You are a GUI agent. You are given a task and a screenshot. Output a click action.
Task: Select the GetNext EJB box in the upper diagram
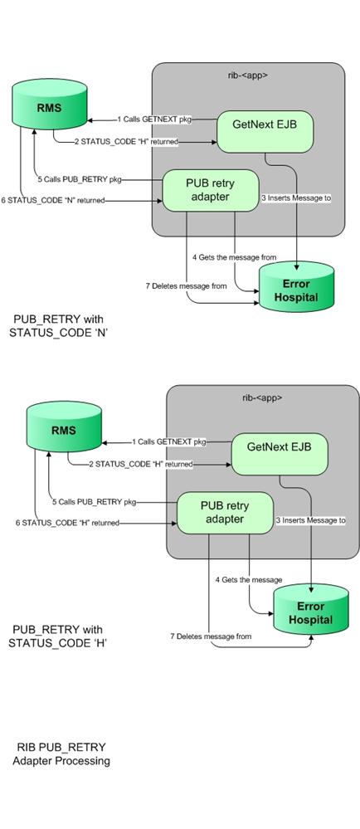258,126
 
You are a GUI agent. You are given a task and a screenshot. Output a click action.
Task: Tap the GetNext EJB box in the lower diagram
279,447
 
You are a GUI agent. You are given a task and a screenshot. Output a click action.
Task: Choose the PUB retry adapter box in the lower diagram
226,511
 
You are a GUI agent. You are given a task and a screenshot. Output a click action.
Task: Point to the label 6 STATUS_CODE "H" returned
66,523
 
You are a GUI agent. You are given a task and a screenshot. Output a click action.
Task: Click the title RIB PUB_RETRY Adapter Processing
61,753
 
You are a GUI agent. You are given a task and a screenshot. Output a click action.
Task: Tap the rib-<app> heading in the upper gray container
247,75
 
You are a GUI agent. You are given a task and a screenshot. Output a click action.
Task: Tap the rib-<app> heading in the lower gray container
262,397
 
